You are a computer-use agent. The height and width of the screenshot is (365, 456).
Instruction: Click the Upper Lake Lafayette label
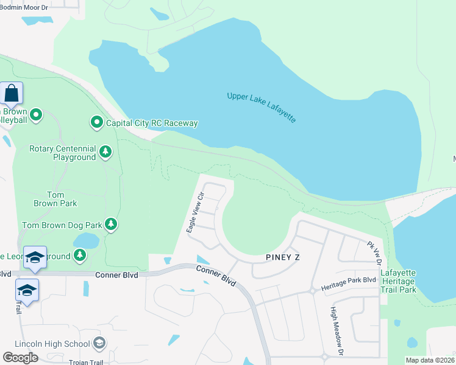[262, 108]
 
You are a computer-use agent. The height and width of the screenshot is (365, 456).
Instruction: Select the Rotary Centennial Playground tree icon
[105, 151]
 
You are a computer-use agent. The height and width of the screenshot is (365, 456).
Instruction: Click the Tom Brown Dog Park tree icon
[110, 225]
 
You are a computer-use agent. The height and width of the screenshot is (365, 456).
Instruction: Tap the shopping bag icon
[12, 94]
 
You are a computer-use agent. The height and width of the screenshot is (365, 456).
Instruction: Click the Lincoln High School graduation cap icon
[98, 344]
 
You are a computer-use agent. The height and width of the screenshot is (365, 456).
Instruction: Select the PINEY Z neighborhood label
[283, 257]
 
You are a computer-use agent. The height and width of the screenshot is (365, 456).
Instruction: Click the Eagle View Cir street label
[194, 210]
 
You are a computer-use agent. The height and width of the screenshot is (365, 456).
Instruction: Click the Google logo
[20, 358]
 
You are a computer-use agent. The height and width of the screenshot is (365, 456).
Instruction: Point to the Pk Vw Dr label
[374, 254]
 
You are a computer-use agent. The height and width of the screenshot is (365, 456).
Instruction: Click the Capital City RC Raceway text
[152, 123]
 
